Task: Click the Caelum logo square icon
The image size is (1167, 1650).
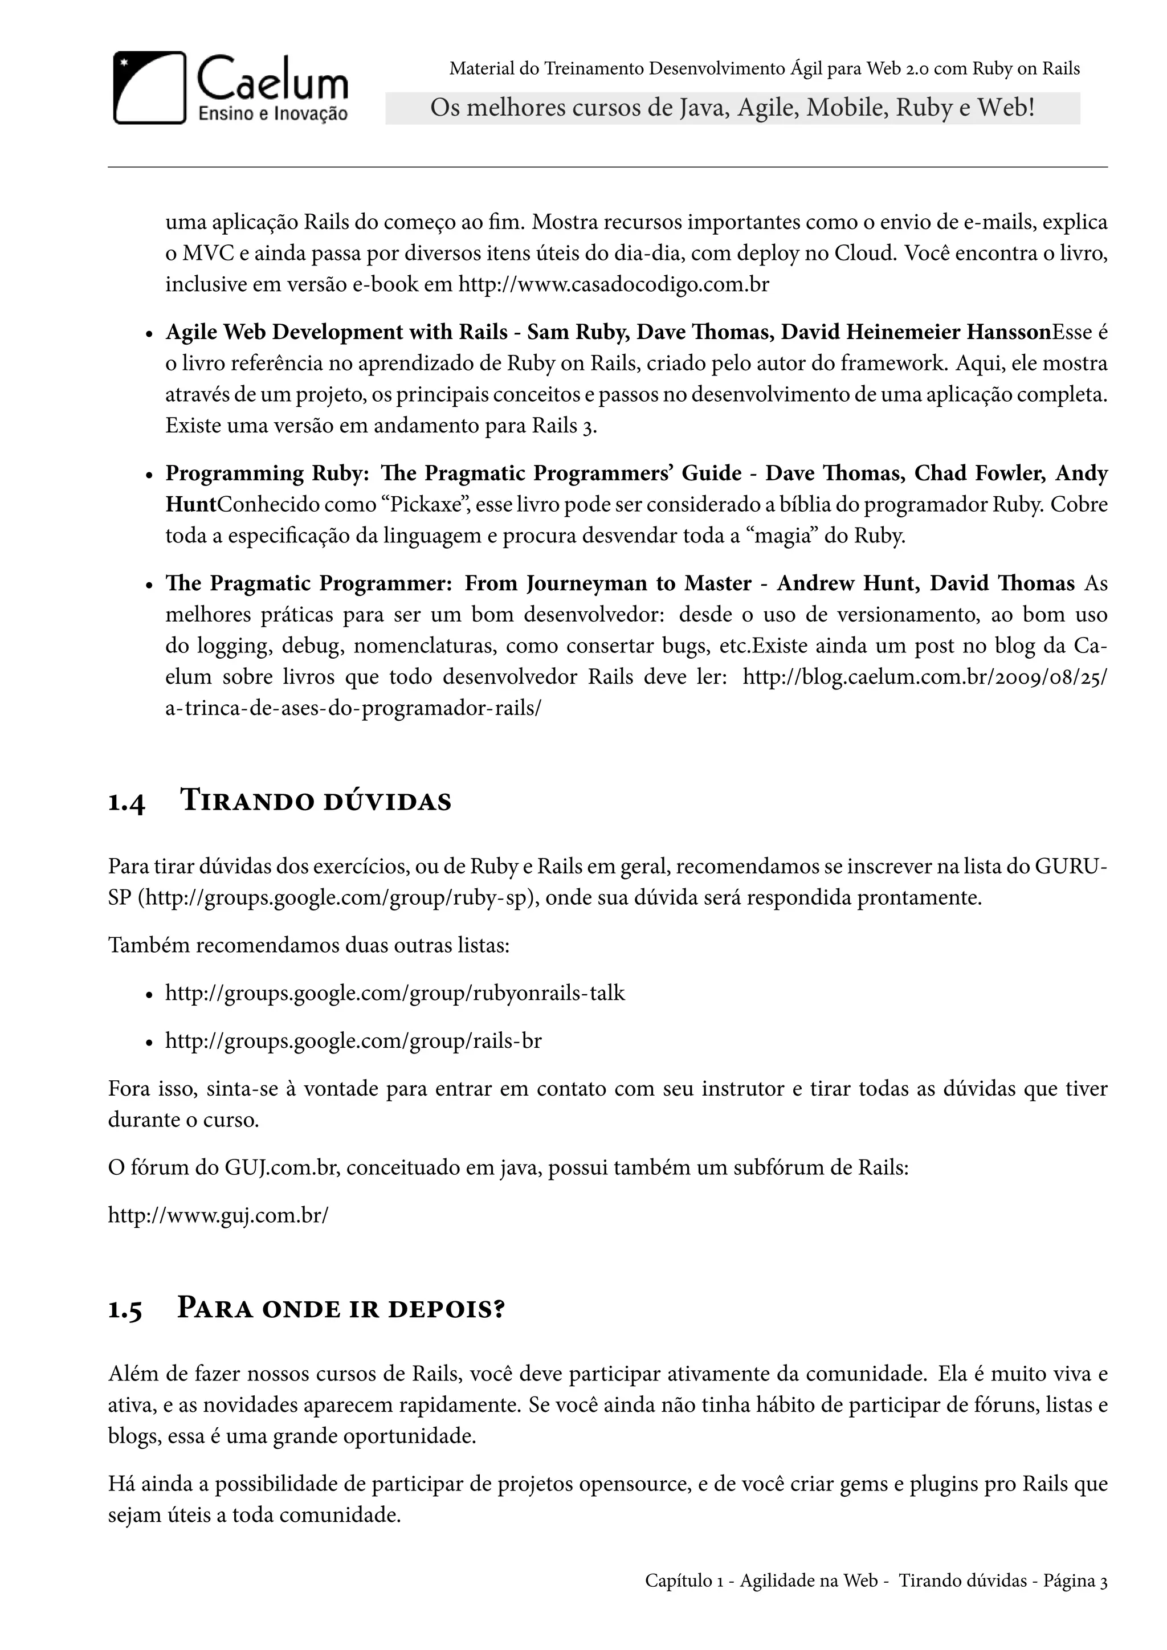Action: pyautogui.click(x=149, y=88)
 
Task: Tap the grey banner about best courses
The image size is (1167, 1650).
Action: pyautogui.click(x=732, y=108)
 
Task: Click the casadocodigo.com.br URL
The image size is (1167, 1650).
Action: pyautogui.click(x=614, y=284)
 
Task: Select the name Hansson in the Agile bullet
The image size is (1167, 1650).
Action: pyautogui.click(x=1008, y=332)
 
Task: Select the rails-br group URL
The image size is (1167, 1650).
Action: pyautogui.click(x=353, y=1040)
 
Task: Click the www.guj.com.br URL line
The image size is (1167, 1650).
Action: pyautogui.click(x=218, y=1215)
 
